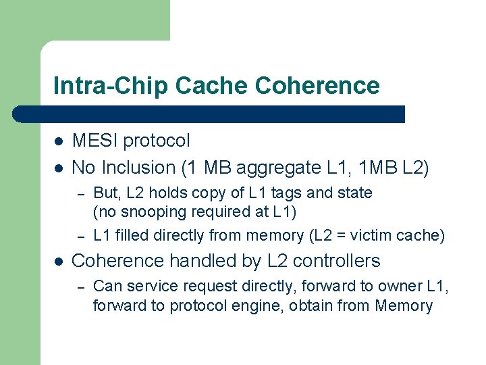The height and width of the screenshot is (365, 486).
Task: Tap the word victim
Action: [x=369, y=235]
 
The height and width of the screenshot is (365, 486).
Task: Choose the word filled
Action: [x=130, y=235]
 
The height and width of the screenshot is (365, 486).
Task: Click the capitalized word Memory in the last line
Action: [x=404, y=306]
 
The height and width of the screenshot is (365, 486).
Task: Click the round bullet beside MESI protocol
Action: [x=59, y=141]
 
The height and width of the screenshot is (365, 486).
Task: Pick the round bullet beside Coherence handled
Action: [x=59, y=261]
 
